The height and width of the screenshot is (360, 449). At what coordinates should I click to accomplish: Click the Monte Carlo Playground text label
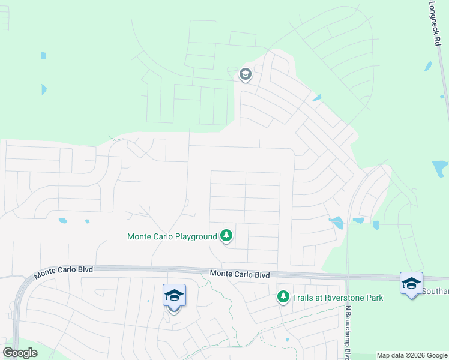(x=172, y=237)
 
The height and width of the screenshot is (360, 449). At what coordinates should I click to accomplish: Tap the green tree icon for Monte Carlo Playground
(x=226, y=236)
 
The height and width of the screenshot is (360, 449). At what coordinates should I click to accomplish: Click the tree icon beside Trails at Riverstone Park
(x=283, y=296)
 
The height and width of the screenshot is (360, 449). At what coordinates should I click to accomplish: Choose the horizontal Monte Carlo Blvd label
(x=240, y=274)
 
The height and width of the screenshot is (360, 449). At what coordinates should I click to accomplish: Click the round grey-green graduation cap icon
(x=245, y=74)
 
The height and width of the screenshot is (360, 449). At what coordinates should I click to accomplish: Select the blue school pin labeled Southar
(x=411, y=284)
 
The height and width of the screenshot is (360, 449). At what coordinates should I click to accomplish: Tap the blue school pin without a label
(x=174, y=296)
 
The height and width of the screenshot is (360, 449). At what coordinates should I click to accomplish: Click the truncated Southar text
(x=436, y=292)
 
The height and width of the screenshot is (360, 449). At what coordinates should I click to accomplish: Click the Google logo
(x=20, y=353)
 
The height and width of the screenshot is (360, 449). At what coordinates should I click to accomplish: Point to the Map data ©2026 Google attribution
(x=412, y=355)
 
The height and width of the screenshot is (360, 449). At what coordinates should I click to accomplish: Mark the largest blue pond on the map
(x=441, y=167)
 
